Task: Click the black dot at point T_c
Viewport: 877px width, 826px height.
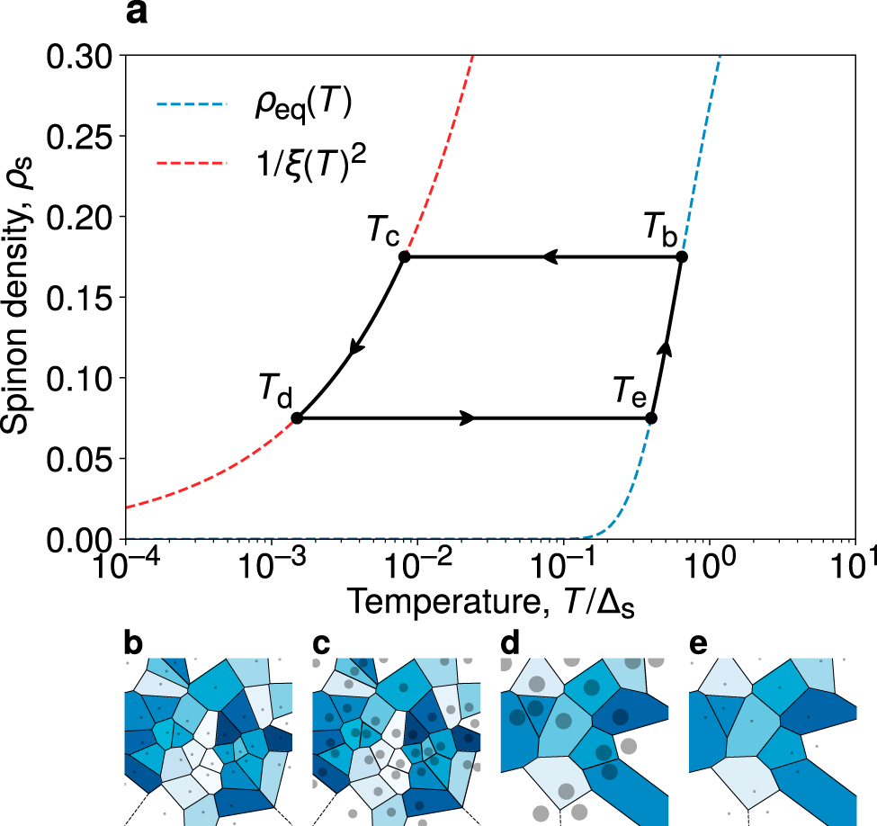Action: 405,257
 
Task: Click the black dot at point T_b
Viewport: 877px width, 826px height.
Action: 682,257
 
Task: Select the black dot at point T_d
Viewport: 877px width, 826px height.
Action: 297,417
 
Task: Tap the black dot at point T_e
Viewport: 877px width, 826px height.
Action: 651,417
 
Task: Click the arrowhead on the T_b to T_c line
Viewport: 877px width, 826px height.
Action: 550,257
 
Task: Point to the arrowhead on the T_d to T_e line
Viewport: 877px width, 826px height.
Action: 468,417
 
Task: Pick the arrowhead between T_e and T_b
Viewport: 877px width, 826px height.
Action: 666,346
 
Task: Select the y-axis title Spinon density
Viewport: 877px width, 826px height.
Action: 20,297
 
